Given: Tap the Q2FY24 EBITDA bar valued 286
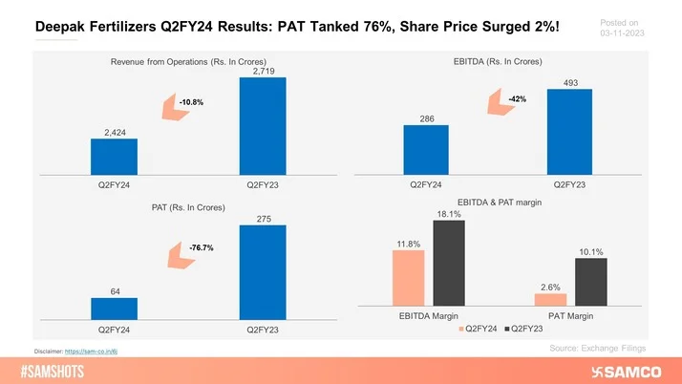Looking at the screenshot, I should [426, 151].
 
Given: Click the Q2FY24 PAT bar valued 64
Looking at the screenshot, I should [115, 308].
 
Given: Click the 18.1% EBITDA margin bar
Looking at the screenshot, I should [448, 263].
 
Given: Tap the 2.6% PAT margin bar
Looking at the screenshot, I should [550, 299].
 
